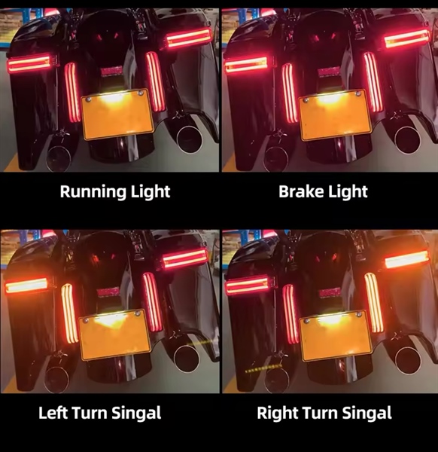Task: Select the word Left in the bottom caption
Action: click(53, 413)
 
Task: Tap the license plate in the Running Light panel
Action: click(117, 115)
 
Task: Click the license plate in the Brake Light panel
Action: click(335, 115)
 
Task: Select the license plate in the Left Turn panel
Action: click(115, 334)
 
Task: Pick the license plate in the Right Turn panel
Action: click(335, 335)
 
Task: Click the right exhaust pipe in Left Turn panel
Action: click(186, 359)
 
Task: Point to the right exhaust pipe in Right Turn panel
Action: click(408, 360)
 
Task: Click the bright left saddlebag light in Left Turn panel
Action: click(27, 285)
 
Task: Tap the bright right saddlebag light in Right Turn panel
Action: click(407, 259)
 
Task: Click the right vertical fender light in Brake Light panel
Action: click(373, 82)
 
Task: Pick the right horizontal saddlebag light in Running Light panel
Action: click(189, 38)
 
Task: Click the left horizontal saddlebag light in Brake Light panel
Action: click(247, 65)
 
